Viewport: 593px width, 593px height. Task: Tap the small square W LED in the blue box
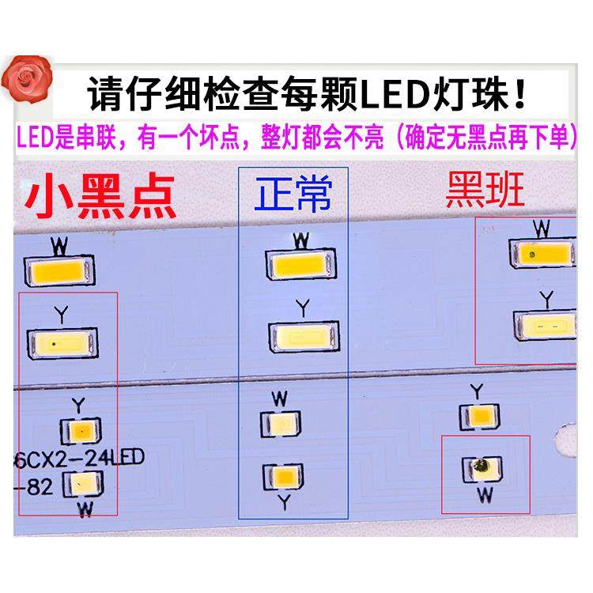coord(280,424)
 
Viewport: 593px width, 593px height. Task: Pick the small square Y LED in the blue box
coord(280,477)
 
